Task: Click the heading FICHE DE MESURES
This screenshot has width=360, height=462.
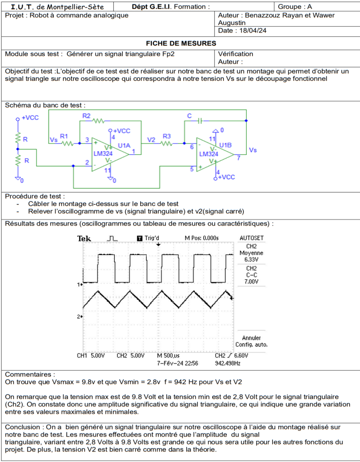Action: click(180, 43)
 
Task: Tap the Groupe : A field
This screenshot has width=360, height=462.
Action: click(294, 7)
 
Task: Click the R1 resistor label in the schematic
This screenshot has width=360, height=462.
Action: click(64, 136)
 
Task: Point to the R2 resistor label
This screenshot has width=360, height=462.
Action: click(86, 116)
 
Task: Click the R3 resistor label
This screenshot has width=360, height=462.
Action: click(167, 136)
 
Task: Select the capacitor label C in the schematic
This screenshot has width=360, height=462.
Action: click(189, 116)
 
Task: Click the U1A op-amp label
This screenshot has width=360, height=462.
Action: click(124, 146)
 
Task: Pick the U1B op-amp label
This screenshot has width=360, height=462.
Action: click(226, 145)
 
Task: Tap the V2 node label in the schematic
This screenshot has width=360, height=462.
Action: click(152, 139)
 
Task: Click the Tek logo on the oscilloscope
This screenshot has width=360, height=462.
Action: click(84, 238)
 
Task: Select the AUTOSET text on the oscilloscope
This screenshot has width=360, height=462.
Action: click(252, 238)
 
